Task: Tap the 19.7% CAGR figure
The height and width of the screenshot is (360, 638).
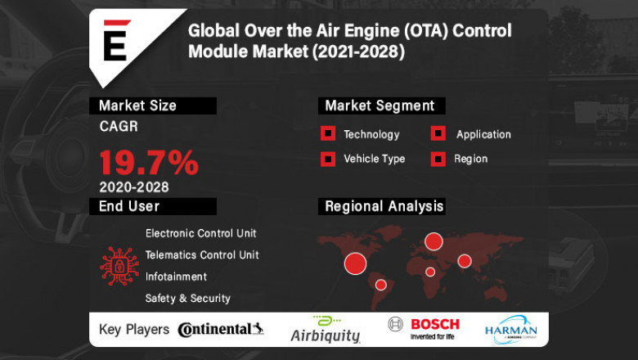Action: pyautogui.click(x=149, y=163)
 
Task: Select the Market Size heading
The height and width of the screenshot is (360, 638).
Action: pyautogui.click(x=137, y=106)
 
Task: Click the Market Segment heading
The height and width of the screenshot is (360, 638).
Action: pyautogui.click(x=380, y=106)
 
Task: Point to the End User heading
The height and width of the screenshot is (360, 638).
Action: pyautogui.click(x=129, y=206)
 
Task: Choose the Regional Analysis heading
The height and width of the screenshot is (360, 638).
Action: pyautogui.click(x=384, y=206)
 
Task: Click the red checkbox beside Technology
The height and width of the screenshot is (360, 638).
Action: pyautogui.click(x=328, y=134)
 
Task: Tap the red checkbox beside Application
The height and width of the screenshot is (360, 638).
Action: pyautogui.click(x=438, y=134)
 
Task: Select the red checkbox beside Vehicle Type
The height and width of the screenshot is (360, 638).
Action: pyautogui.click(x=328, y=159)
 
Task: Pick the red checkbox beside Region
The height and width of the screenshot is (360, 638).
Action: pyautogui.click(x=438, y=159)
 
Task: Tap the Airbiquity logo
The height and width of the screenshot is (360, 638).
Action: pyautogui.click(x=326, y=329)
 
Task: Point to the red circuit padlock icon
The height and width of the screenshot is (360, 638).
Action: pyautogui.click(x=119, y=266)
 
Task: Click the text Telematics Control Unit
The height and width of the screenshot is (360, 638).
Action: pyautogui.click(x=202, y=255)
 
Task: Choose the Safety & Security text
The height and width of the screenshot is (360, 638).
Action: pyautogui.click(x=188, y=299)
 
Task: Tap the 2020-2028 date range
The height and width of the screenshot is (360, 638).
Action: pyautogui.click(x=134, y=187)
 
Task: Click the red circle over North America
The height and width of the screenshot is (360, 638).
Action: pyautogui.click(x=355, y=263)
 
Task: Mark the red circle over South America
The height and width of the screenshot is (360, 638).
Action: pyautogui.click(x=380, y=285)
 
